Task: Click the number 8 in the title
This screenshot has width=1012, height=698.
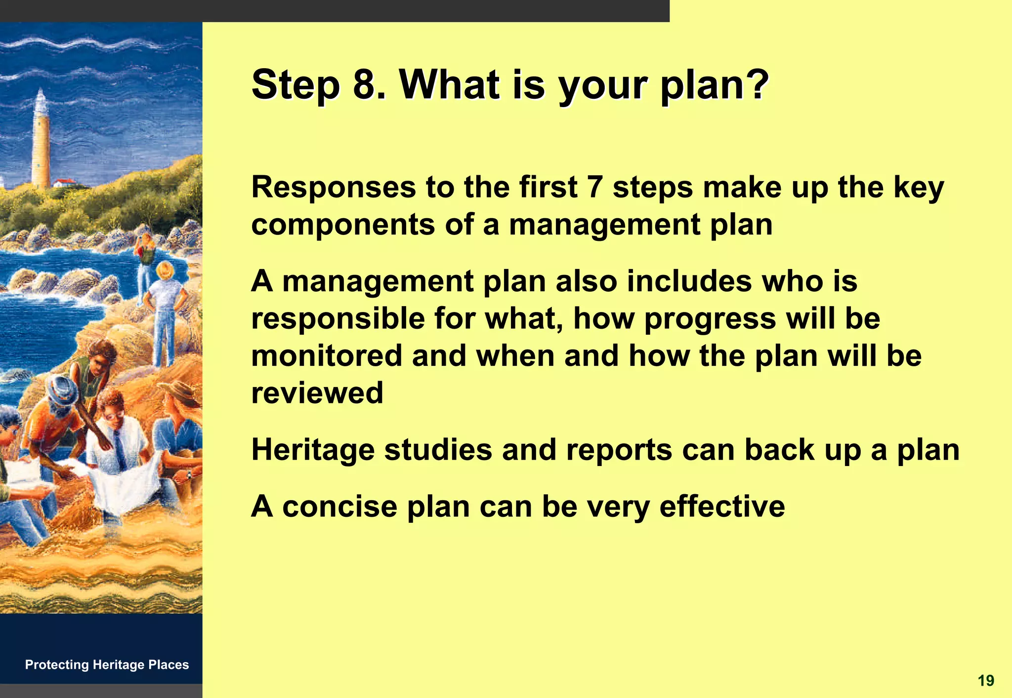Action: (365, 84)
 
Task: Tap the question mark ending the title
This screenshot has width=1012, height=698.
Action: (757, 84)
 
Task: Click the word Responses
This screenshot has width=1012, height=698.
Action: (334, 189)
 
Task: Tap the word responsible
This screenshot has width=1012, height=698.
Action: (338, 319)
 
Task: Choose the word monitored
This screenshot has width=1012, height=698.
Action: (327, 356)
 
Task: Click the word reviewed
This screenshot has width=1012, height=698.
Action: (317, 393)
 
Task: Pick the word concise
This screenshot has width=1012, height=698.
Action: (339, 507)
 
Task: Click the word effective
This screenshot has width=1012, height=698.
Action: (722, 507)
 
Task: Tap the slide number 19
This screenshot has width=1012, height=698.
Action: (985, 681)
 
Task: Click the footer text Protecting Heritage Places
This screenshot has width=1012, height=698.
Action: (107, 665)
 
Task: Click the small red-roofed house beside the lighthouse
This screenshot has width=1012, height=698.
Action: (65, 183)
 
